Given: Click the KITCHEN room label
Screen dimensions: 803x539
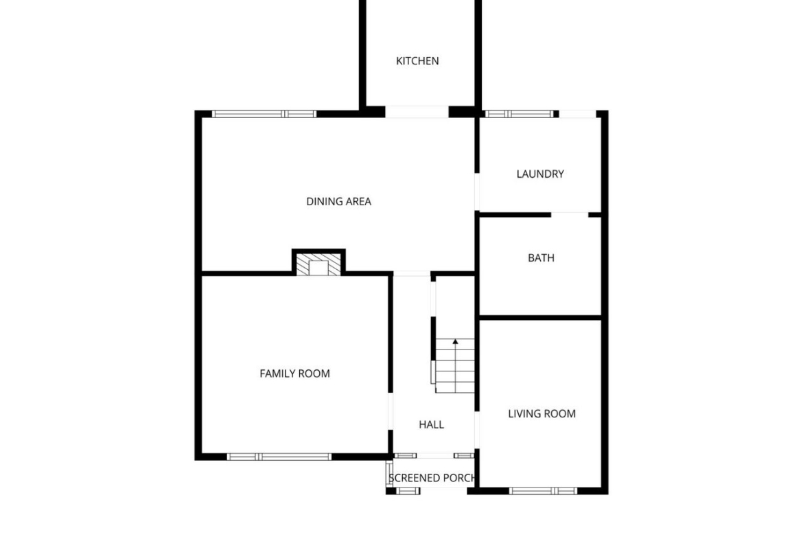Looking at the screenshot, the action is point(417,61).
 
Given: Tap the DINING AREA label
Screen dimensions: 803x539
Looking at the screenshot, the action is point(338,202).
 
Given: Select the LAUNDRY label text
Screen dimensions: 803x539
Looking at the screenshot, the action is point(540,174).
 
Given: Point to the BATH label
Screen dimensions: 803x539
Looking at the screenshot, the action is point(541,257).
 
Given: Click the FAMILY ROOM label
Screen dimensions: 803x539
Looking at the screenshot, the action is point(294,374).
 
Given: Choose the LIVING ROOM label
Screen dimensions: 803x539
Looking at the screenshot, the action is point(542,414).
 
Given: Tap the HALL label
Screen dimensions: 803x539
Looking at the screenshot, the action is point(431,425).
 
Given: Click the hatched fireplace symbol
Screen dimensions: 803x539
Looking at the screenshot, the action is point(318,265).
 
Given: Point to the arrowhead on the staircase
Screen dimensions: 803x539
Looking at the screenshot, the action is point(455,341).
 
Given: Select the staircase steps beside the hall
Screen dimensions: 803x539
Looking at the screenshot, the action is point(455,366).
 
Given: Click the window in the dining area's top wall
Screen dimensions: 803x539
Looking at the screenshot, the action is point(264,114).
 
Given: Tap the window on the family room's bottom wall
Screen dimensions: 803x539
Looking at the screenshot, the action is point(279,457).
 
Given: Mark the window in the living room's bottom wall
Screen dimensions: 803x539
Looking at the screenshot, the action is point(544,491).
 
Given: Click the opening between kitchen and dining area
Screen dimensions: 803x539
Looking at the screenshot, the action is point(417,112).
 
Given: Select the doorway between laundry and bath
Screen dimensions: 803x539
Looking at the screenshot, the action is point(570,215).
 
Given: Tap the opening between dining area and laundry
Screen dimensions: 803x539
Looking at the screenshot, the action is point(477,192).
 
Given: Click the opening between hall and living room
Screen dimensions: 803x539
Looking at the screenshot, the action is point(477,430).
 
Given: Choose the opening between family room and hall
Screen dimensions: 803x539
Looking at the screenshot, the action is point(391,411).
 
